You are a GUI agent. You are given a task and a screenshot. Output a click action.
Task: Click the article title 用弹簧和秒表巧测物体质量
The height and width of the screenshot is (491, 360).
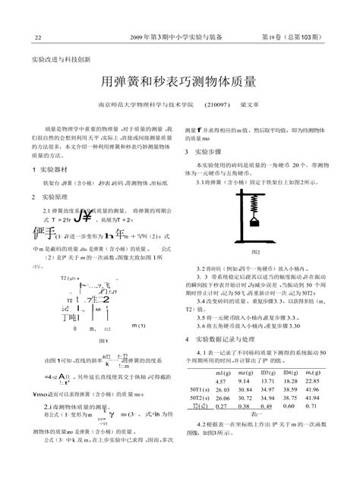point(179,80)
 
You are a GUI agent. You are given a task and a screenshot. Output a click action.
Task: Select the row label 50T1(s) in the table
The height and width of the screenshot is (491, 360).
point(201,389)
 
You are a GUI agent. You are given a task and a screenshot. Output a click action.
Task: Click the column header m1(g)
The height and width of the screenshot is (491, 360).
point(223,372)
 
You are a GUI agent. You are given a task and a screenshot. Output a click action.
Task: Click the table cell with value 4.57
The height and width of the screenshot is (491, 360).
point(223,380)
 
